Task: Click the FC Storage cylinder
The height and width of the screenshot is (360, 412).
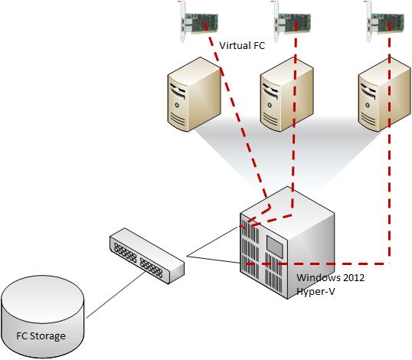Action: pos(43,316)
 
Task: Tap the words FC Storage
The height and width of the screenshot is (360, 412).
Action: pos(41,335)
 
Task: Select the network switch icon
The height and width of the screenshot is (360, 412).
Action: pos(147,256)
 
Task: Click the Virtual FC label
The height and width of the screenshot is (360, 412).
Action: pos(242,46)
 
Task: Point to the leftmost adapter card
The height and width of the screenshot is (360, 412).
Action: pos(198,21)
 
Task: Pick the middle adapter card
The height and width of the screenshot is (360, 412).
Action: pos(291,21)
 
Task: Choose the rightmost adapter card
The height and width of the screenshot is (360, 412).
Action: pos(384,21)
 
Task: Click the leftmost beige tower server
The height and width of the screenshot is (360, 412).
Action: pos(195,94)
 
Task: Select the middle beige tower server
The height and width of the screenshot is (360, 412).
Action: pos(287,94)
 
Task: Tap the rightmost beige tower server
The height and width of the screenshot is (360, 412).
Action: pos(384,94)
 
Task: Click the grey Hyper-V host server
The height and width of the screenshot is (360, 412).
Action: pos(287,243)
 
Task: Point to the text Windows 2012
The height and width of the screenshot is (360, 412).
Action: pos(331,278)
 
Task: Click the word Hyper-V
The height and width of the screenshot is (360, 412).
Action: pos(316,291)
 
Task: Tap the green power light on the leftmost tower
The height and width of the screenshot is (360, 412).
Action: pos(177,105)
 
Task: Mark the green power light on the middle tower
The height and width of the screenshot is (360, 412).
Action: pos(270,105)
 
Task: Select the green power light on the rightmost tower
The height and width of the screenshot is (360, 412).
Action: pos(368,106)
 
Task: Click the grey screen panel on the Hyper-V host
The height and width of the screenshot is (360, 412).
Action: pos(275,247)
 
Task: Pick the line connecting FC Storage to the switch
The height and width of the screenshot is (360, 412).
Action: pos(116,295)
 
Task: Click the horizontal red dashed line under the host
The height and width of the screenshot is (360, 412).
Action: pos(317,263)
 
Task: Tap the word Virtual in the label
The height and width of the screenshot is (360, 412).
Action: pos(235,46)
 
